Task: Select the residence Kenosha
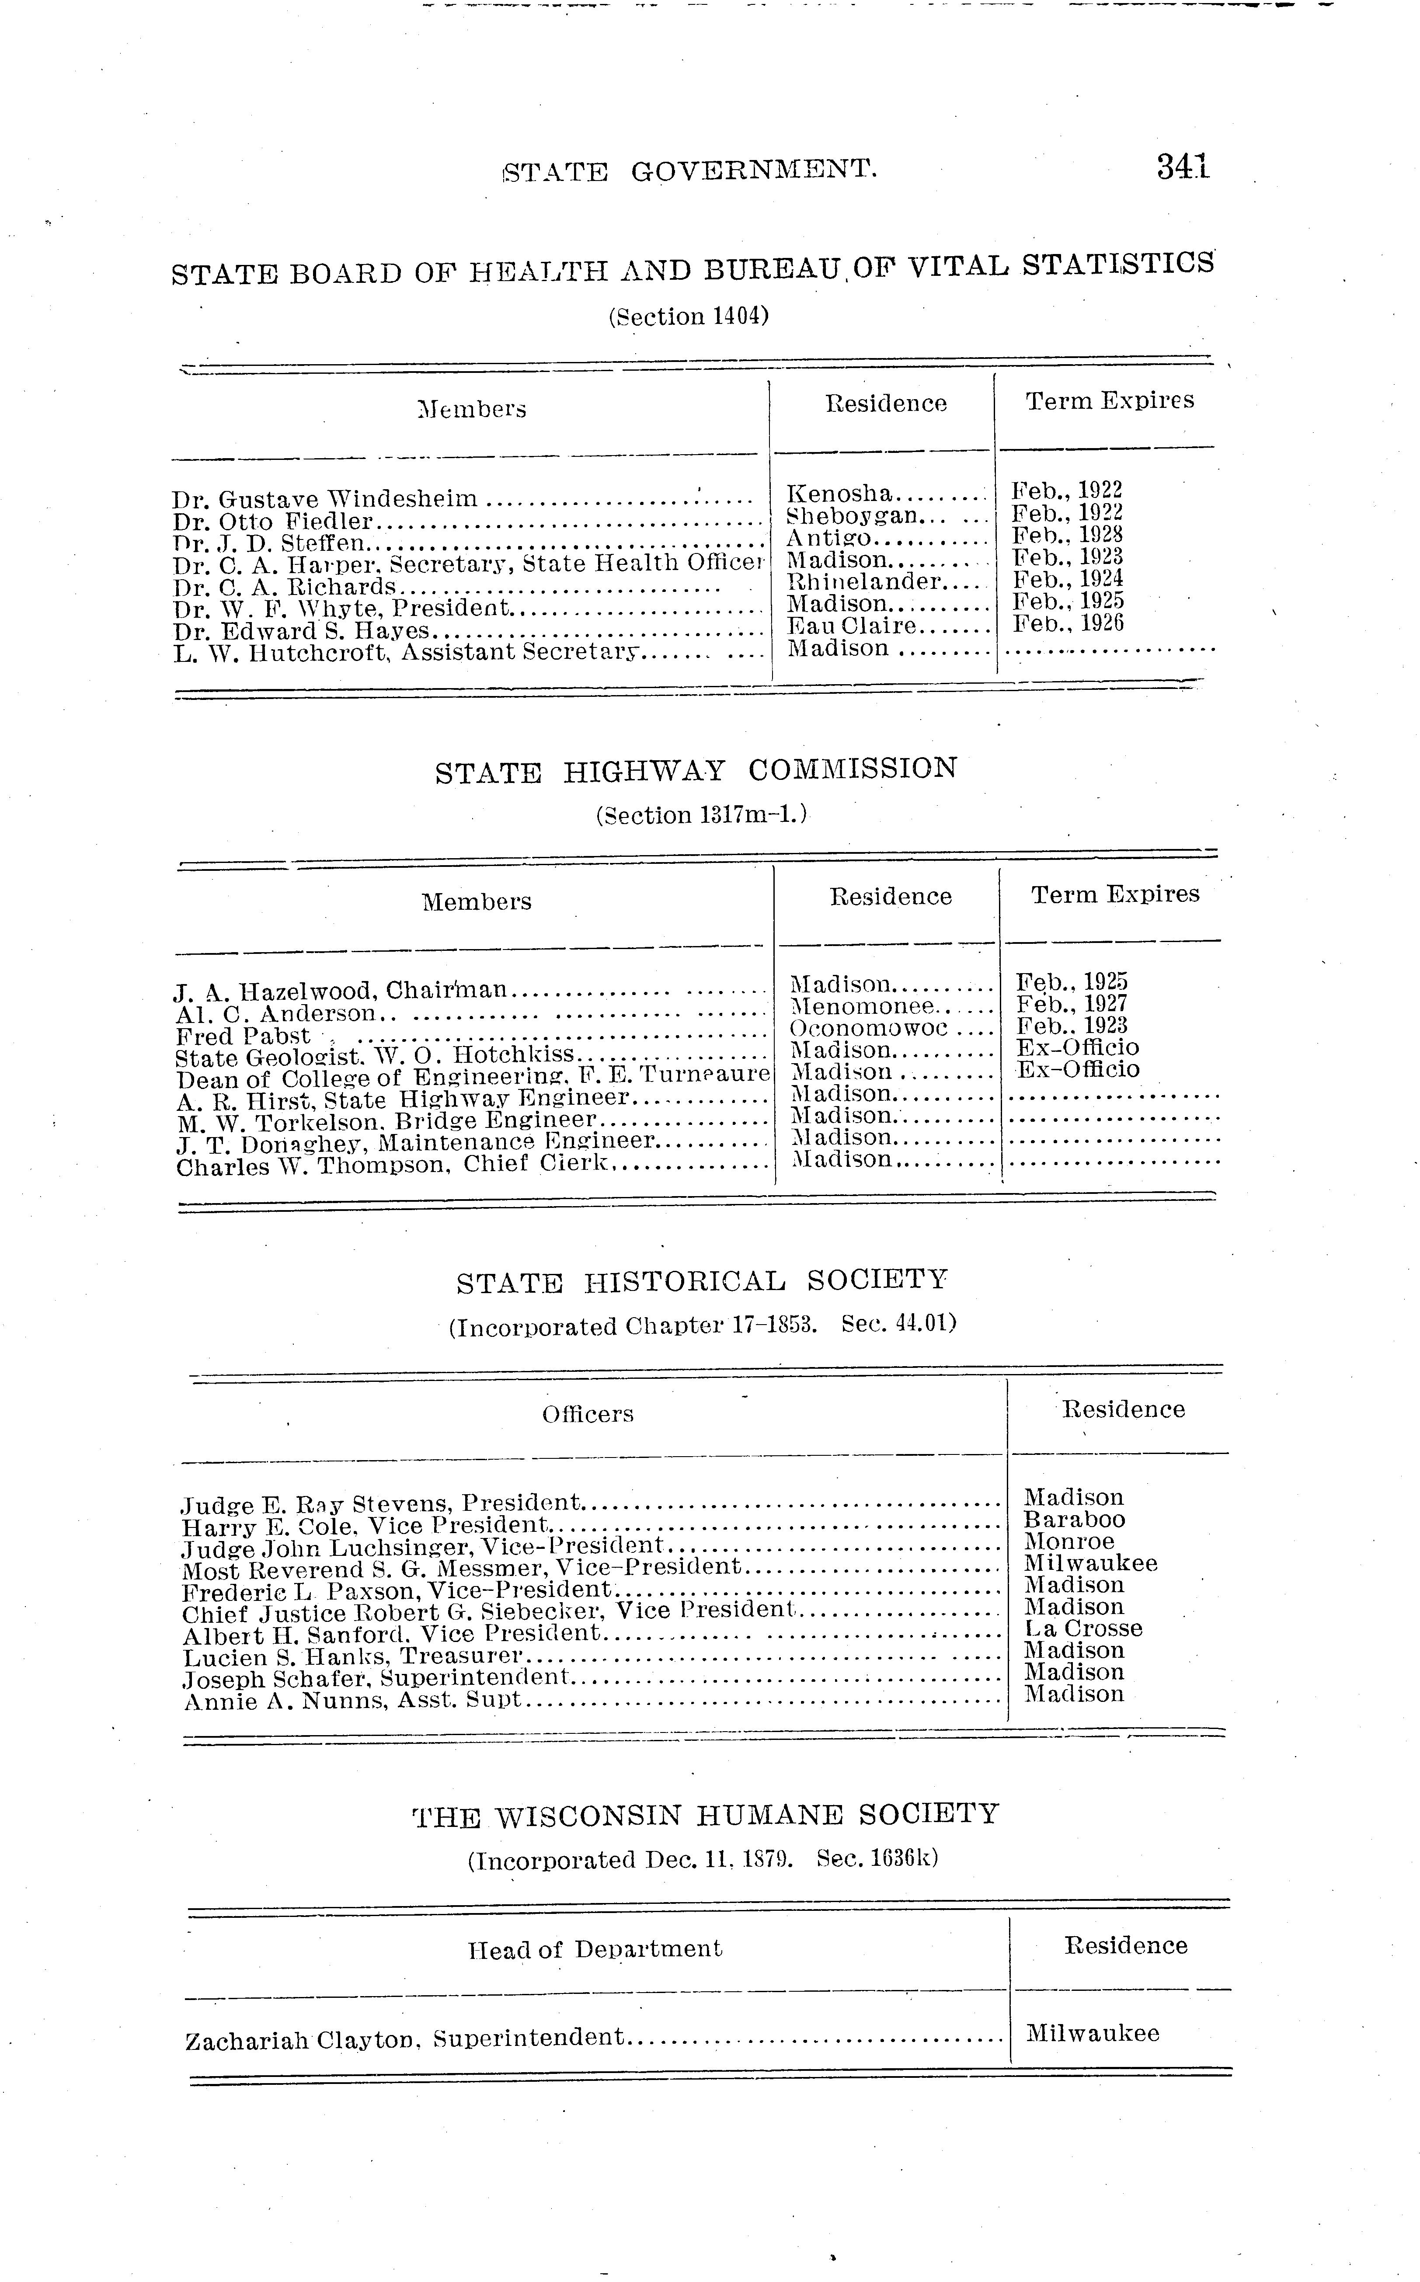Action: [839, 493]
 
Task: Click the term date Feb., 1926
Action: [1068, 623]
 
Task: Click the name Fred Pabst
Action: [242, 1037]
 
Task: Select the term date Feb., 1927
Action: [1072, 1004]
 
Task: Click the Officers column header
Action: [588, 1414]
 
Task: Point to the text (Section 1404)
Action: [689, 317]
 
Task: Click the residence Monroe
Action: [1069, 1541]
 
